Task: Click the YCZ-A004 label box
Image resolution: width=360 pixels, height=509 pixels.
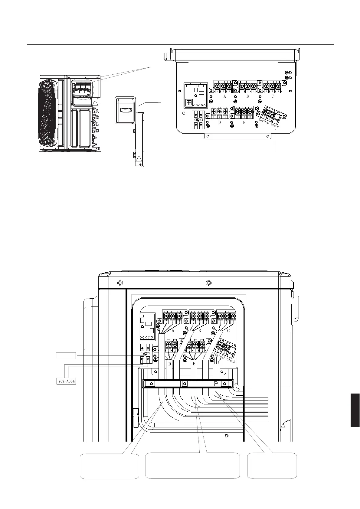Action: (66, 381)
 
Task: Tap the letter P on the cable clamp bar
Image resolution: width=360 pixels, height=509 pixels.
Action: (216, 384)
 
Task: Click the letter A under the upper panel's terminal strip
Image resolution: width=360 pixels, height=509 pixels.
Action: (225, 96)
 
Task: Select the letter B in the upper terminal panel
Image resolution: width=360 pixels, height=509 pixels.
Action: (247, 96)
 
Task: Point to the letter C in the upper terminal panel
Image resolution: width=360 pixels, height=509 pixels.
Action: (272, 96)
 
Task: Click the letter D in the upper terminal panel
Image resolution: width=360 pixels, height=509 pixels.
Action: (219, 123)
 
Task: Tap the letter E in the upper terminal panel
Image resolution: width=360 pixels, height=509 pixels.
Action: (244, 123)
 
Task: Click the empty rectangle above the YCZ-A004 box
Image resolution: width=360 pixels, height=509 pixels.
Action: (66, 355)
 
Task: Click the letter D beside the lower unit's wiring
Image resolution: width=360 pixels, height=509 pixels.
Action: (170, 364)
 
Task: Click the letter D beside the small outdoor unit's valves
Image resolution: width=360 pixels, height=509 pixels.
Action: (97, 131)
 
